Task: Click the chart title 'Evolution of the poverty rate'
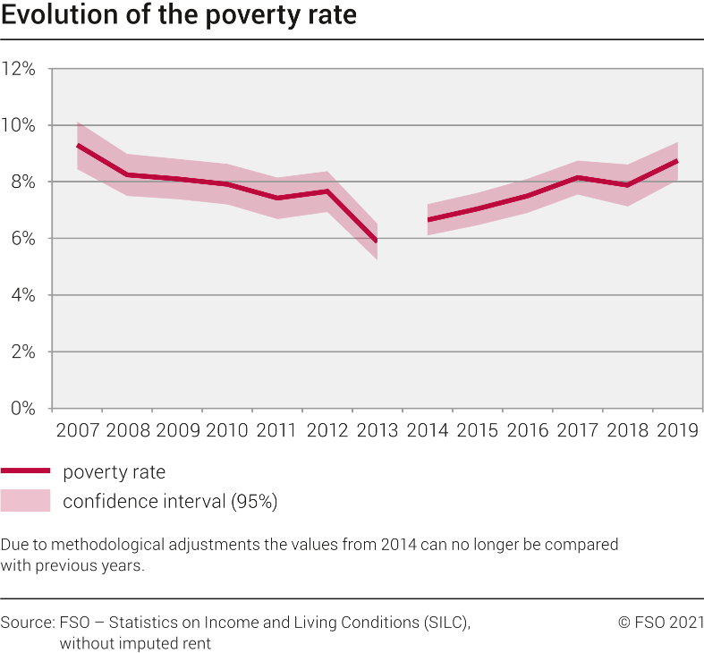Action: click(179, 17)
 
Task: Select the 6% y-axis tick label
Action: click(22, 239)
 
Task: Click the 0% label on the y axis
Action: click(22, 409)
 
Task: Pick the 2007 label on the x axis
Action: click(78, 430)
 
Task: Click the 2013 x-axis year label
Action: click(377, 430)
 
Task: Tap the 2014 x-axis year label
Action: click(428, 430)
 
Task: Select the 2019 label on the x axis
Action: click(677, 430)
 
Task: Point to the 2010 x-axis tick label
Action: click(227, 430)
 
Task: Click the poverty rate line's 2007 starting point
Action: click(78, 145)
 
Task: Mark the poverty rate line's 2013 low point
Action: click(377, 241)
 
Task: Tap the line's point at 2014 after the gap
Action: click(428, 220)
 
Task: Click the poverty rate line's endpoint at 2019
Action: click(677, 161)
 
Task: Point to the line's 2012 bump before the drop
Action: click(327, 191)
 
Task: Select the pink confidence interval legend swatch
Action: click(25, 501)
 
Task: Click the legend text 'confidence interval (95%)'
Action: click(170, 502)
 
